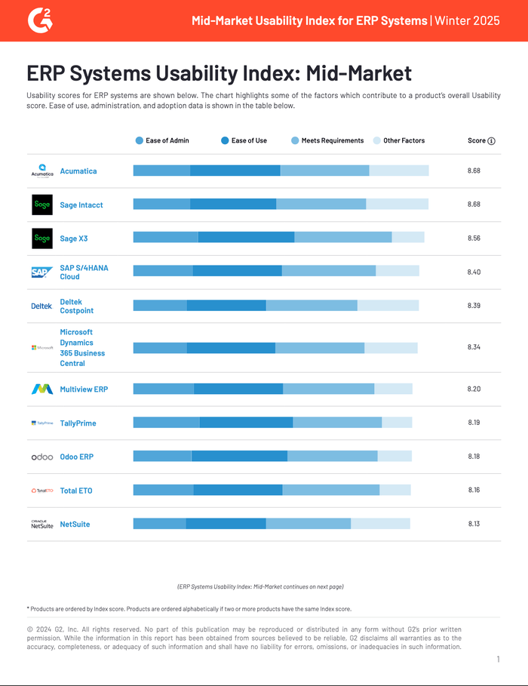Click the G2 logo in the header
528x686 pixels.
(x=40, y=20)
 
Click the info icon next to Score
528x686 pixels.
(x=492, y=141)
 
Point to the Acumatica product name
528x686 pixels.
(x=78, y=171)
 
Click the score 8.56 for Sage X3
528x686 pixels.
(x=474, y=238)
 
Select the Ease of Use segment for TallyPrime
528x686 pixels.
(x=246, y=423)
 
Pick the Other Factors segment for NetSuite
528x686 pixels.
(x=380, y=524)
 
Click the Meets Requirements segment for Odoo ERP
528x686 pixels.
(x=332, y=457)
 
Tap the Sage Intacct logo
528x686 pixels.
(x=42, y=205)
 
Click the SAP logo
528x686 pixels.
(x=41, y=272)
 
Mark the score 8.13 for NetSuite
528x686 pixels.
(x=474, y=524)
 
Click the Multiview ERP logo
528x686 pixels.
(x=41, y=389)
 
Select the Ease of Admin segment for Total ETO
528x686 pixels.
(x=163, y=491)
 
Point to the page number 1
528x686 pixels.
(x=498, y=660)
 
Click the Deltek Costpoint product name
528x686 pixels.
(x=76, y=306)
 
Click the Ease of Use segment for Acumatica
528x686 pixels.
(x=235, y=171)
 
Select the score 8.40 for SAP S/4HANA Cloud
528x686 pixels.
(x=474, y=272)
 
